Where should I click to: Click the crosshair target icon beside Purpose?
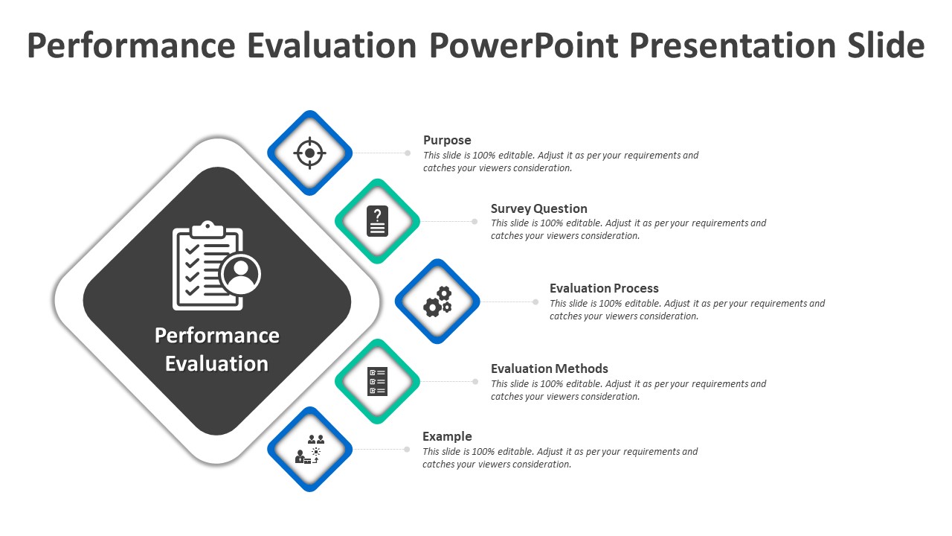pos(309,153)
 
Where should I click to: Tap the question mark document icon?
pos(378,221)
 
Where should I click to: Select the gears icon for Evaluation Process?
pos(437,301)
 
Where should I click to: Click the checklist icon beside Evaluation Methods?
pos(378,381)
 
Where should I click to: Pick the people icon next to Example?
pos(310,450)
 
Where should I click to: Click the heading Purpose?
pos(447,140)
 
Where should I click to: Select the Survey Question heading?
pos(538,208)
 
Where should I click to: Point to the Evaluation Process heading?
pos(604,288)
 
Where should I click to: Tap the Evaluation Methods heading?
pos(549,368)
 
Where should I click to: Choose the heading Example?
pos(447,436)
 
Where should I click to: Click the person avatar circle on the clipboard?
pos(241,274)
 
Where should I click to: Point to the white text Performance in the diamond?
pos(216,336)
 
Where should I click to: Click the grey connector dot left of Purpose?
pos(408,153)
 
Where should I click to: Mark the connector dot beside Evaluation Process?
pos(535,301)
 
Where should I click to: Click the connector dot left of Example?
pos(407,449)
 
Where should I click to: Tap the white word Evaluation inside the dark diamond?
pos(216,364)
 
